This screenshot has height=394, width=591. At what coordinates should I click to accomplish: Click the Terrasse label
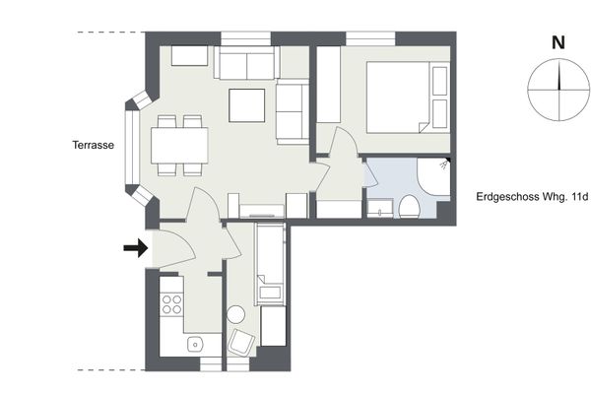coord(94,145)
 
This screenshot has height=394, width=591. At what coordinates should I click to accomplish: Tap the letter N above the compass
coord(558,42)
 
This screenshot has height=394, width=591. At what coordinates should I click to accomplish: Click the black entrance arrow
coord(136,247)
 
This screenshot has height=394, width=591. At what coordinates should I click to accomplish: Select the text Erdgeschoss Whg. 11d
coord(532,197)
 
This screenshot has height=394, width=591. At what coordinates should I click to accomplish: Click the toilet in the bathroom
coord(410,206)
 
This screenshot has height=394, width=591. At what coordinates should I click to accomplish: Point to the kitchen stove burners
coord(171,304)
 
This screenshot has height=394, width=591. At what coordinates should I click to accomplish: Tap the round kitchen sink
coord(195,344)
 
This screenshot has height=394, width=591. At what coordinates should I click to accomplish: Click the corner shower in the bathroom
coord(433,176)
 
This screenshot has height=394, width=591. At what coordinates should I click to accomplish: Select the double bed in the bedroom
coord(408,97)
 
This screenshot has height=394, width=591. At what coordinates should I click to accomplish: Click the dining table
coord(179,146)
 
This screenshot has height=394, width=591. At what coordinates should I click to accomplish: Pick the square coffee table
coord(247,105)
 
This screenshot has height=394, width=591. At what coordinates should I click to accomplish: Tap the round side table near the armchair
coord(236,314)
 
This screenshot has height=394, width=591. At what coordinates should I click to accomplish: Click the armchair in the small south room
coord(241,343)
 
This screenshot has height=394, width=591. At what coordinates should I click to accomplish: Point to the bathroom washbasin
coord(380,209)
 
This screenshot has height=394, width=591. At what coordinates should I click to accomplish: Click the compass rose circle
coord(558,90)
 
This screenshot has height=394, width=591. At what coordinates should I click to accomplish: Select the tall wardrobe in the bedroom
coord(328,85)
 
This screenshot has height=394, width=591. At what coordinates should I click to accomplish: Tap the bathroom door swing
coord(370,172)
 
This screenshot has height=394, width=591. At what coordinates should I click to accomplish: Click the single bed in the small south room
coord(270,263)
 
